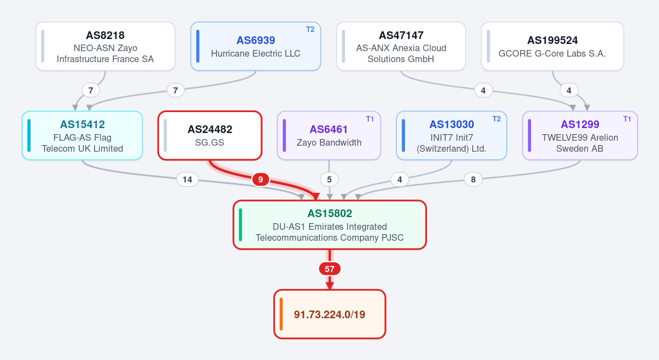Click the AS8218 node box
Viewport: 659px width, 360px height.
105,46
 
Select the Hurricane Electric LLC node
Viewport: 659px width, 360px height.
256,46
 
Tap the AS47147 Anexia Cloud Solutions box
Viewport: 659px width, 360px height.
401,46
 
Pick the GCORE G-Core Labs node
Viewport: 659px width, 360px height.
552,46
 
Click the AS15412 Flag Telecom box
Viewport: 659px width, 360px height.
82,136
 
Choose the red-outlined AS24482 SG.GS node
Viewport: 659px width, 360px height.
210,136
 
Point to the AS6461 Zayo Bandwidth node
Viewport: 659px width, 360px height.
329,136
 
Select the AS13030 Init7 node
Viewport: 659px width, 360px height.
451,136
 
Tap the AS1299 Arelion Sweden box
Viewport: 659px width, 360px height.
580,136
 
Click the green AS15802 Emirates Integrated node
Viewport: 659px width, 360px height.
330,225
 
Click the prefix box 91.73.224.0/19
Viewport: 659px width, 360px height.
330,314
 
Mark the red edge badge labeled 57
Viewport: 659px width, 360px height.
330,269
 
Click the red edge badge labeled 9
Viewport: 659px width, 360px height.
261,179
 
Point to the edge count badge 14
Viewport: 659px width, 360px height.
187,179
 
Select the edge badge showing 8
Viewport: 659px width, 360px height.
473,179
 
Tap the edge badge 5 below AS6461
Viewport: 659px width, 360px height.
329,179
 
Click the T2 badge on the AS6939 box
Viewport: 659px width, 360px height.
310,30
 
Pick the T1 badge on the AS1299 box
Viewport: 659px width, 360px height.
627,119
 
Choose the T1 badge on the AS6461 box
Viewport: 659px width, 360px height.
370,119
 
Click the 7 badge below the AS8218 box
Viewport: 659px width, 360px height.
91,90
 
